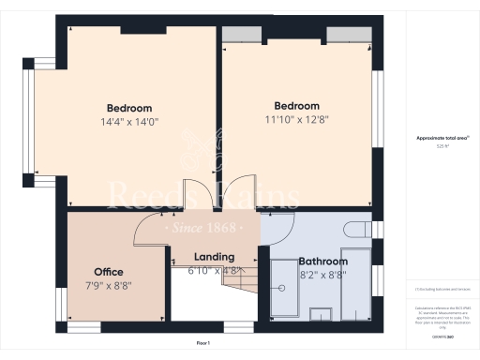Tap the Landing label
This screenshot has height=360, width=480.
(x=214, y=257)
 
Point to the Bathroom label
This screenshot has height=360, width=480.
(x=322, y=262)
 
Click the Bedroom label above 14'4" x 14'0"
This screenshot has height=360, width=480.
(x=128, y=108)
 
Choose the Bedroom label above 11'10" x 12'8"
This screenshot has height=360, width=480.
(x=296, y=106)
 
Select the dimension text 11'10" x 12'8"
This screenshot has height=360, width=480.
(x=296, y=119)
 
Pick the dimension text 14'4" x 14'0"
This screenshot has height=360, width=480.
(x=128, y=121)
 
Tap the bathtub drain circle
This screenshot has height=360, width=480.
(x=279, y=291)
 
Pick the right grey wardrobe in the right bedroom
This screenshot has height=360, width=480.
(x=347, y=35)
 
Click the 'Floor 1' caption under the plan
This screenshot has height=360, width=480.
(x=203, y=344)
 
